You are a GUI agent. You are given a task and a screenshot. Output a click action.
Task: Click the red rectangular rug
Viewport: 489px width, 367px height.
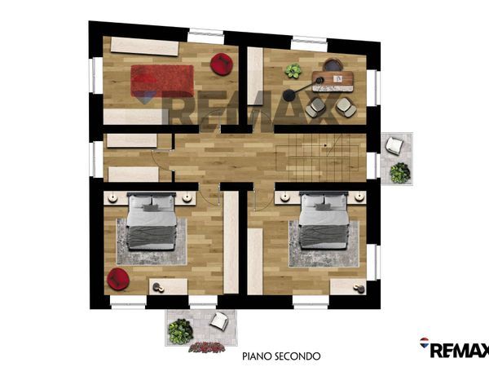click(x=162, y=81)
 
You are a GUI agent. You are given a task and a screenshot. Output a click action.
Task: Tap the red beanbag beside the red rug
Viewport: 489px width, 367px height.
click(x=222, y=64)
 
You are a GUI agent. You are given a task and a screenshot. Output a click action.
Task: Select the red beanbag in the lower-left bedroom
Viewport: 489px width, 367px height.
click(x=118, y=279)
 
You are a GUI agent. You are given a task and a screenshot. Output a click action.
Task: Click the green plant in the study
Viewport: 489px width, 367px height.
click(x=293, y=71)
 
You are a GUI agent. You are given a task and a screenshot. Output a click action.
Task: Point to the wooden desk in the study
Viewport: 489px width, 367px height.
click(x=333, y=82)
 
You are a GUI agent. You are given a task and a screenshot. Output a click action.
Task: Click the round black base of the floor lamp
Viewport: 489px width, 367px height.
click(x=289, y=95)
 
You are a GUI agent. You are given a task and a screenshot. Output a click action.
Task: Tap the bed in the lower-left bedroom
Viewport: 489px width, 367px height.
click(x=152, y=221)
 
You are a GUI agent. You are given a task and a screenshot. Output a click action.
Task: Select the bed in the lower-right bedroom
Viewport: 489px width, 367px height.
click(x=324, y=221)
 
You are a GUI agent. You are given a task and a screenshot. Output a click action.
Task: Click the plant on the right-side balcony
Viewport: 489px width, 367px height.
click(x=400, y=173)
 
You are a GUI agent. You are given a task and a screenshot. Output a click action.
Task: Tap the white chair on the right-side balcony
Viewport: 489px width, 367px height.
click(x=394, y=146)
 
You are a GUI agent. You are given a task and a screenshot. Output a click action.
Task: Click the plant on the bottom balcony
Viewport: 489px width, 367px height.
click(x=180, y=331)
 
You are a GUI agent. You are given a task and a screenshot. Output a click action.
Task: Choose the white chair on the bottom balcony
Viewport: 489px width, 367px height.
click(x=219, y=321)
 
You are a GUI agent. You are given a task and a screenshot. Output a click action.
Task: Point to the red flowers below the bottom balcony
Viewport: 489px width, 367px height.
click(x=207, y=347)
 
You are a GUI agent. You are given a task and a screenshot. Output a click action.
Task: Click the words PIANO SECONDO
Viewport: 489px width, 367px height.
click(x=281, y=356)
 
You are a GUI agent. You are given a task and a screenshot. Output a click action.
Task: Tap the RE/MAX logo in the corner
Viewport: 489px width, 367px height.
click(x=454, y=347)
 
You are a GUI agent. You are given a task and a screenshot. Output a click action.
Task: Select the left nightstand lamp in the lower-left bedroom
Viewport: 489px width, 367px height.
click(x=112, y=198)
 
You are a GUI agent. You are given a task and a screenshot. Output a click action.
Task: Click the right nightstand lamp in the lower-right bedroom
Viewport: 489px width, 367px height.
click(x=359, y=197)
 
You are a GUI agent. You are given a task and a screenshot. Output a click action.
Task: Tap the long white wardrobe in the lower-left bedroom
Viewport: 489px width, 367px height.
click(x=231, y=242)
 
